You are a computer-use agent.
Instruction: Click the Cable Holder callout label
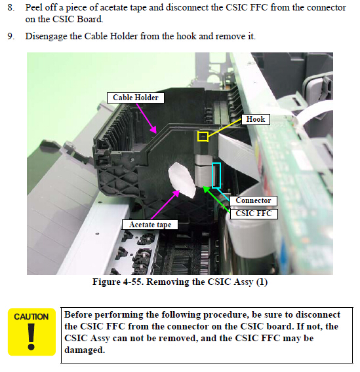pyautogui.click(x=135, y=98)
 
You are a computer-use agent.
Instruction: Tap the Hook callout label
pyautogui.click(x=256, y=119)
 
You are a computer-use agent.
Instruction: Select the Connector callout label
pyautogui.click(x=253, y=200)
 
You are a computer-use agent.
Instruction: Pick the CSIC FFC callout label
pyautogui.click(x=253, y=214)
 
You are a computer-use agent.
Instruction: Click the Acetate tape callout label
pyautogui.click(x=150, y=225)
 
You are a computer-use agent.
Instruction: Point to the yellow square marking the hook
pyautogui.click(x=203, y=137)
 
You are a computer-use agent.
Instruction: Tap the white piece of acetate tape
pyautogui.click(x=182, y=180)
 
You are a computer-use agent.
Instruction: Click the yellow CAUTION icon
pyautogui.click(x=31, y=332)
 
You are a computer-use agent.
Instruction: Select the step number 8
pyautogui.click(x=11, y=8)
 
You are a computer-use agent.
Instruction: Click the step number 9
pyautogui.click(x=11, y=36)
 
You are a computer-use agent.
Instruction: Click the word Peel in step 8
pyautogui.click(x=34, y=8)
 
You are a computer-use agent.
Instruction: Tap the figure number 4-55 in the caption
pyautogui.click(x=133, y=282)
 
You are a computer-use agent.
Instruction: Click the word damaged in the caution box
pyautogui.click(x=85, y=350)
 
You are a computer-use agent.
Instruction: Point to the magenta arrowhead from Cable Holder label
pyautogui.click(x=153, y=130)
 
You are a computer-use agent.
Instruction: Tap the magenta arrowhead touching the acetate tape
pyautogui.click(x=176, y=194)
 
